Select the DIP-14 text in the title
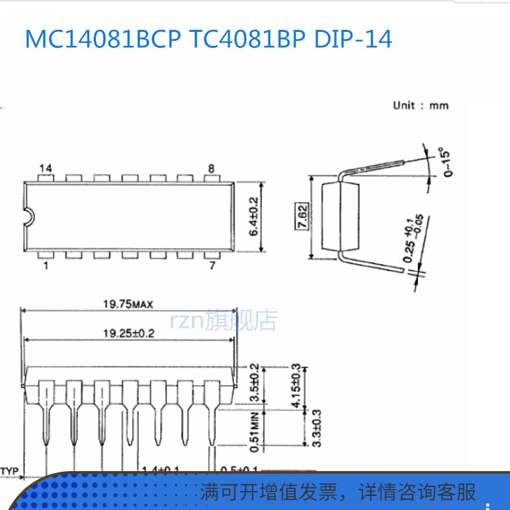pos(353,40)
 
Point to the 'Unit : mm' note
pos(420,105)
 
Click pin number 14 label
pos(45,168)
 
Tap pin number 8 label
pos(211,168)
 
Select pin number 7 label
pos(211,265)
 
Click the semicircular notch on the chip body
pos(27,216)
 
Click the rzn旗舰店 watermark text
pos(223,321)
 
